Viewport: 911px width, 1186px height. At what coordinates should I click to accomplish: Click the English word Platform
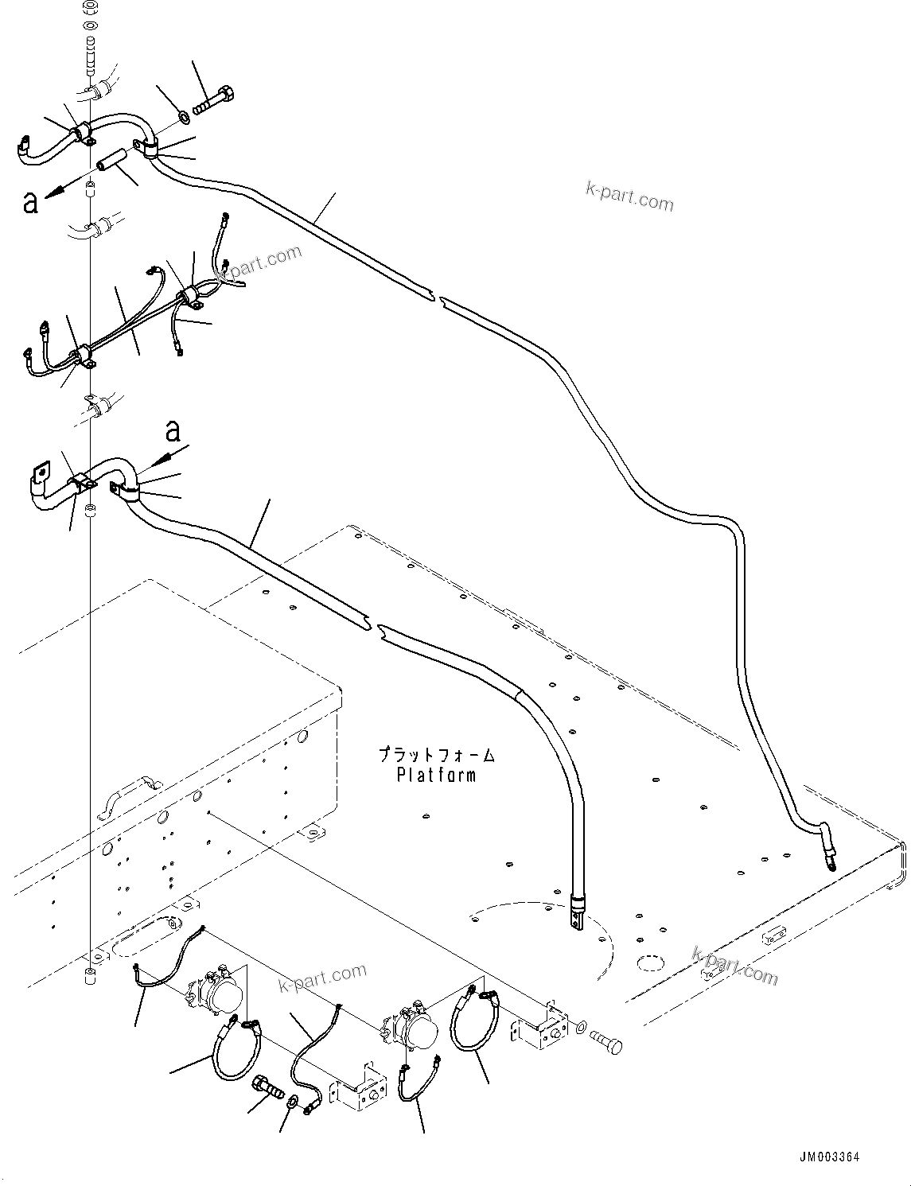pos(436,774)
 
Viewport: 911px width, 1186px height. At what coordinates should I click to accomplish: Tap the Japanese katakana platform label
pos(436,753)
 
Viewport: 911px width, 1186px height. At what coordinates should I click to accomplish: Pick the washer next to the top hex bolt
pos(184,118)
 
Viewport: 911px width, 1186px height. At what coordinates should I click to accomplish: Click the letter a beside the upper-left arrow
pos(31,203)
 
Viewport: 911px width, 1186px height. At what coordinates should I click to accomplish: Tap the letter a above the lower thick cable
pos(173,432)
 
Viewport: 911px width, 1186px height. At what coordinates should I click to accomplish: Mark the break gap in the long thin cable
pos(436,299)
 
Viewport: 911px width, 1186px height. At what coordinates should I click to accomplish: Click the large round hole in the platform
pos(650,965)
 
